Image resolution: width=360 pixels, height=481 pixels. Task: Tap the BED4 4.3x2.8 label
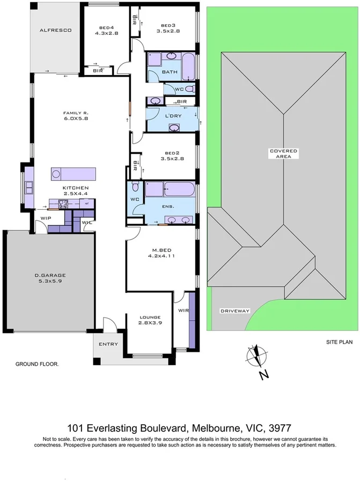pyautogui.click(x=107, y=31)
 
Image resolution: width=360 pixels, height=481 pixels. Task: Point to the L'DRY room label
pyautogui.click(x=172, y=117)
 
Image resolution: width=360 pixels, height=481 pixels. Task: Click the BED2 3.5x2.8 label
pyautogui.click(x=172, y=156)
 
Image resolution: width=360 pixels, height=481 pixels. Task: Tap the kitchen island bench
pyautogui.click(x=74, y=174)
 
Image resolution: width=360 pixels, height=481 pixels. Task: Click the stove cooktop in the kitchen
pyautogui.click(x=62, y=203)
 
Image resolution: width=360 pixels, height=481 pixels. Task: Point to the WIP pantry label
pyautogui.click(x=46, y=218)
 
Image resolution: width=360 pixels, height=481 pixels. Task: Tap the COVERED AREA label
pyautogui.click(x=283, y=154)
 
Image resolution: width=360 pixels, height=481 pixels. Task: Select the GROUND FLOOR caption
pyautogui.click(x=37, y=364)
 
